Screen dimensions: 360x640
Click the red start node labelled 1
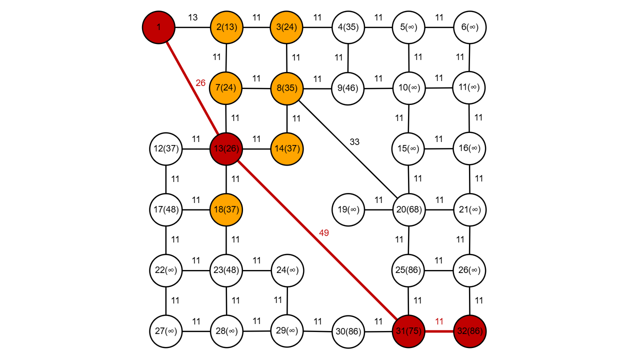[158, 27]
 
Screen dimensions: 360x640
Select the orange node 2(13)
[226, 27]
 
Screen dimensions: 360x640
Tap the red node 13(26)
[226, 148]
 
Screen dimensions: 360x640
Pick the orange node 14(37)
[287, 148]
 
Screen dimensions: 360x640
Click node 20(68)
[409, 209]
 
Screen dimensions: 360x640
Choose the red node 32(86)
[469, 331]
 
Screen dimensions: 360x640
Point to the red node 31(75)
[408, 331]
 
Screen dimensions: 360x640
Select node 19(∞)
[348, 209]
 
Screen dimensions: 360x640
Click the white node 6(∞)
[469, 27]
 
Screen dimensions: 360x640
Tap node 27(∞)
[165, 331]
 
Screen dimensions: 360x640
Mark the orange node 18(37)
[226, 209]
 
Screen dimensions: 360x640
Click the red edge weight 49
[324, 232]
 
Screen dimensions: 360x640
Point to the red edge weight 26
[200, 83]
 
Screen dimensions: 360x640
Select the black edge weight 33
[354, 142]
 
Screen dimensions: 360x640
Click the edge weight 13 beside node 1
[192, 17]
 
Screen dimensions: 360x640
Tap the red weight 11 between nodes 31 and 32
[439, 321]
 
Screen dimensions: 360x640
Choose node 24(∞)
[287, 270]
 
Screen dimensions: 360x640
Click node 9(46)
[348, 88]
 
